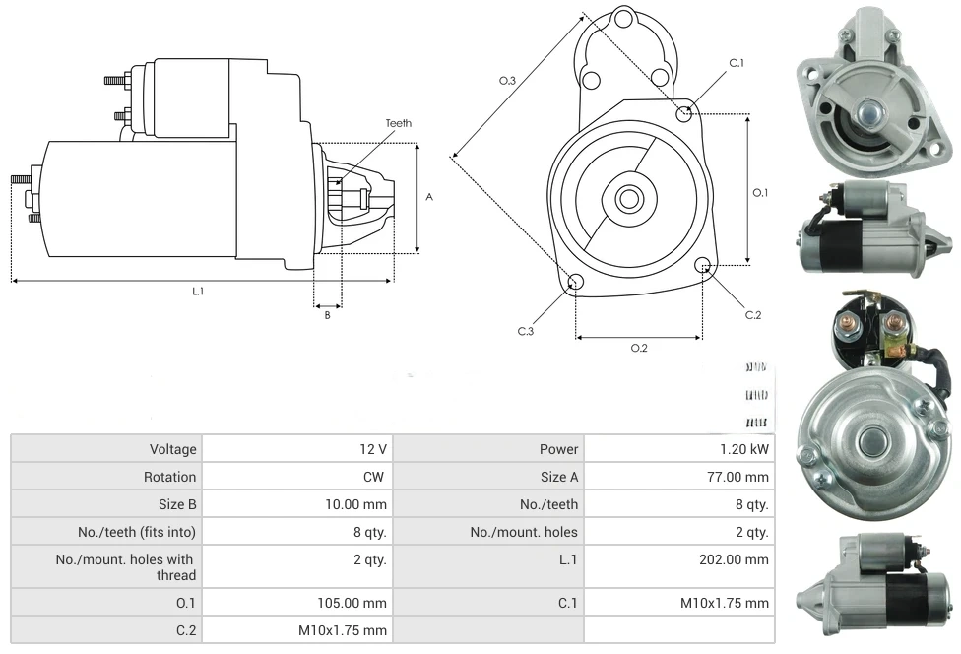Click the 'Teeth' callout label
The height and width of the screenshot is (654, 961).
[398, 123]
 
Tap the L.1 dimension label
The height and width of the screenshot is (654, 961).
[198, 291]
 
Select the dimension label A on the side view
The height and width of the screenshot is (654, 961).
[429, 197]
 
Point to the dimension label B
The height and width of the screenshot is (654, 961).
[327, 315]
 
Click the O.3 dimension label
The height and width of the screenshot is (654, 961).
[507, 81]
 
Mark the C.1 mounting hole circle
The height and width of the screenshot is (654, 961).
[684, 114]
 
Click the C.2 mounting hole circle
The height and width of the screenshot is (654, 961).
[703, 265]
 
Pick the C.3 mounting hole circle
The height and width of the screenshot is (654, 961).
[576, 284]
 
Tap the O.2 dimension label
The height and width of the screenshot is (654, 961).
[638, 348]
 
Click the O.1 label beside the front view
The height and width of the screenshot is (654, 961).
[760, 193]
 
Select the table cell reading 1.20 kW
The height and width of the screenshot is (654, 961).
[745, 449]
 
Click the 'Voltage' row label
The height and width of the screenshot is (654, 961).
[173, 449]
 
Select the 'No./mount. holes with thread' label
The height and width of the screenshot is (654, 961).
[125, 567]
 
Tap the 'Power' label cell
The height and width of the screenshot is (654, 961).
[558, 449]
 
